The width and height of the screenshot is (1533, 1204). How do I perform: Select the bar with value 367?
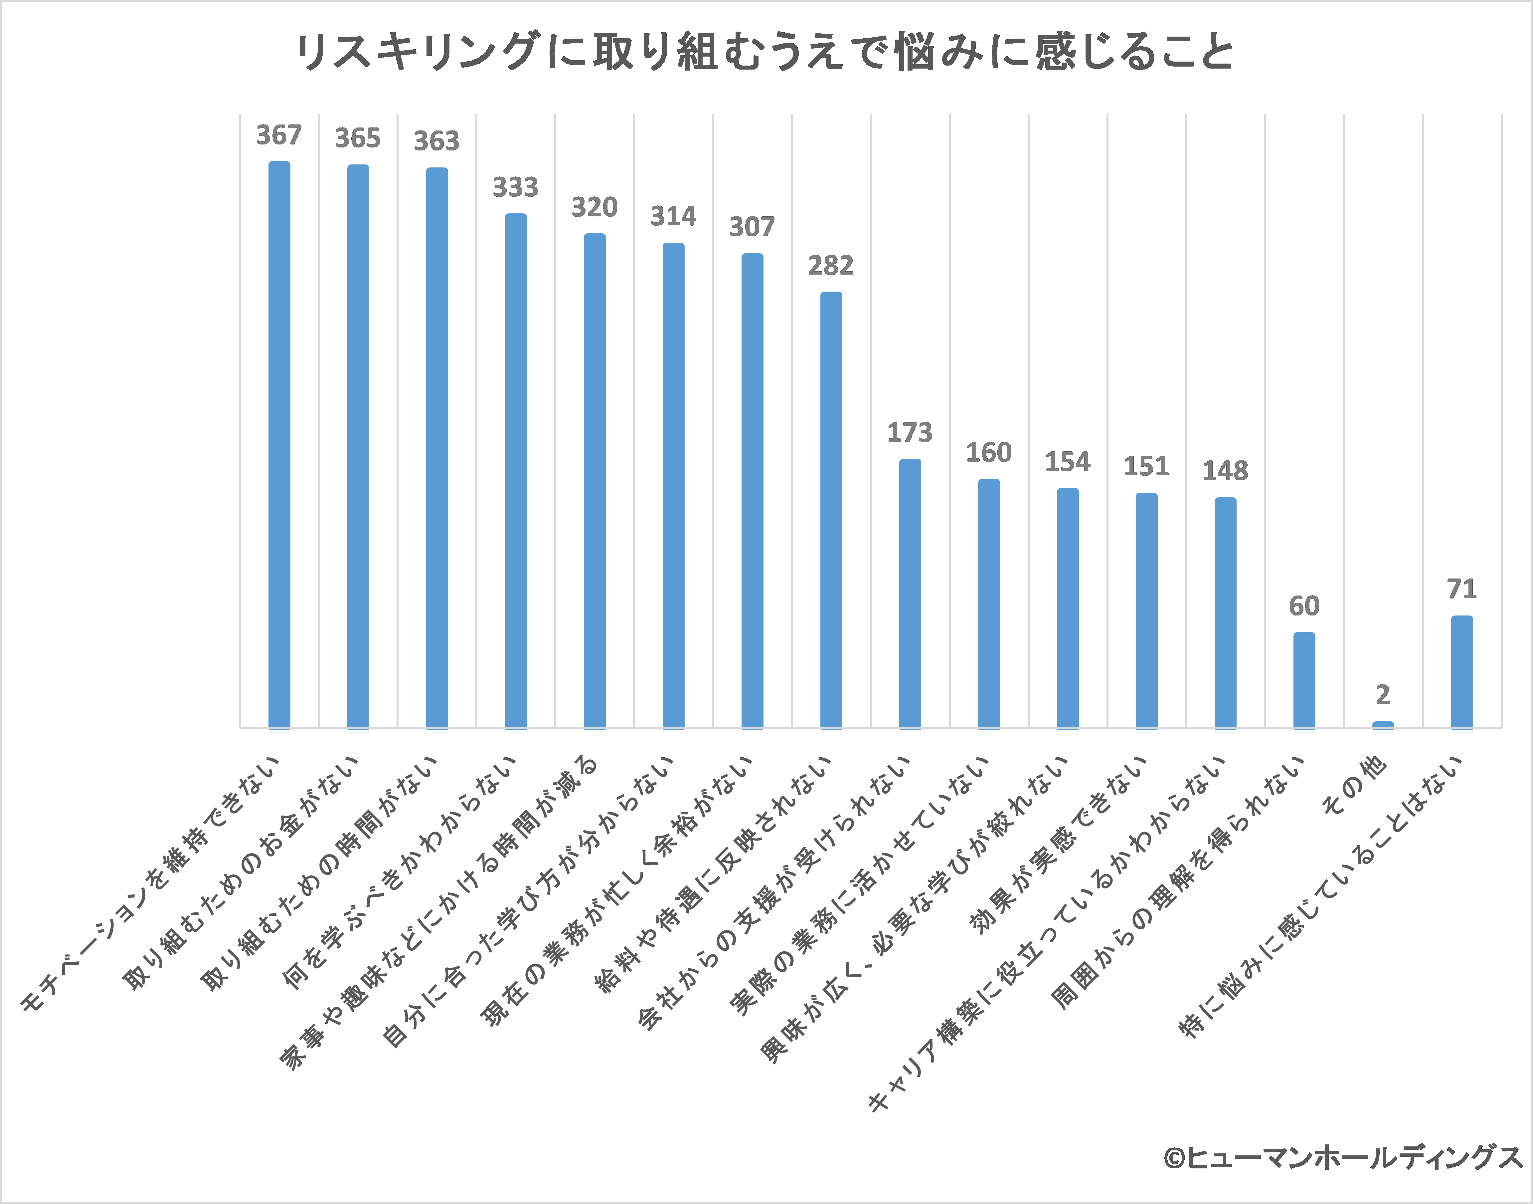pos(279,444)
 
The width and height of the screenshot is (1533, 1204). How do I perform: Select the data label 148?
pos(1225,471)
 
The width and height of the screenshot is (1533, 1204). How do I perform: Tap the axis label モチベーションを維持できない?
pos(151,885)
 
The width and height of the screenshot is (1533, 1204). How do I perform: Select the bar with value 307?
pos(752,490)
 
